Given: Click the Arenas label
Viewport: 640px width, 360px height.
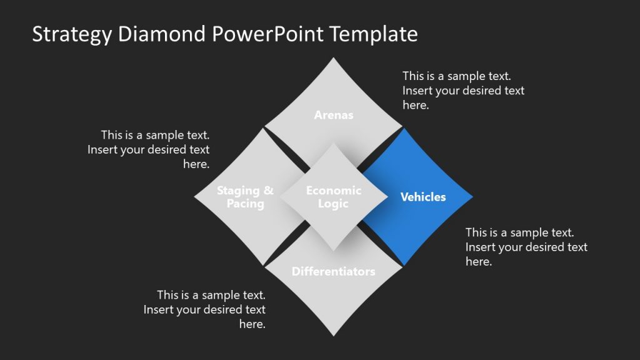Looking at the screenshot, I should [334, 115].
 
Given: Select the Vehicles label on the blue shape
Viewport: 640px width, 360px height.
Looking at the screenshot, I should [423, 197].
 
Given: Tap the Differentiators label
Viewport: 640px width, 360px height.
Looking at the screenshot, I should [334, 271].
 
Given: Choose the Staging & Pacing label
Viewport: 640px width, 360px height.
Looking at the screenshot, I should [245, 197].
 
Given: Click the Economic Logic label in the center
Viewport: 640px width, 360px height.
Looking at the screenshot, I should [334, 197].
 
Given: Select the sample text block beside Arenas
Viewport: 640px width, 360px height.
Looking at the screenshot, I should [463, 91].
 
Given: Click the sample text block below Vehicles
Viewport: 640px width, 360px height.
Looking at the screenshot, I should [526, 247].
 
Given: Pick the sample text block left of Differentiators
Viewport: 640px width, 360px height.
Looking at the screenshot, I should [205, 309].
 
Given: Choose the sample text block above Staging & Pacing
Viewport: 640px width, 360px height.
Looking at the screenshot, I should [149, 149].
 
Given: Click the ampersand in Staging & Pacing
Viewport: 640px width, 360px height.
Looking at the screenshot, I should [267, 191].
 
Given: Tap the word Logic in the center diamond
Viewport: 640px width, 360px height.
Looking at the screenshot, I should [334, 204].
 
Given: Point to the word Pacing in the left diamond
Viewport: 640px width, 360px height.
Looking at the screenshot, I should [245, 204].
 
